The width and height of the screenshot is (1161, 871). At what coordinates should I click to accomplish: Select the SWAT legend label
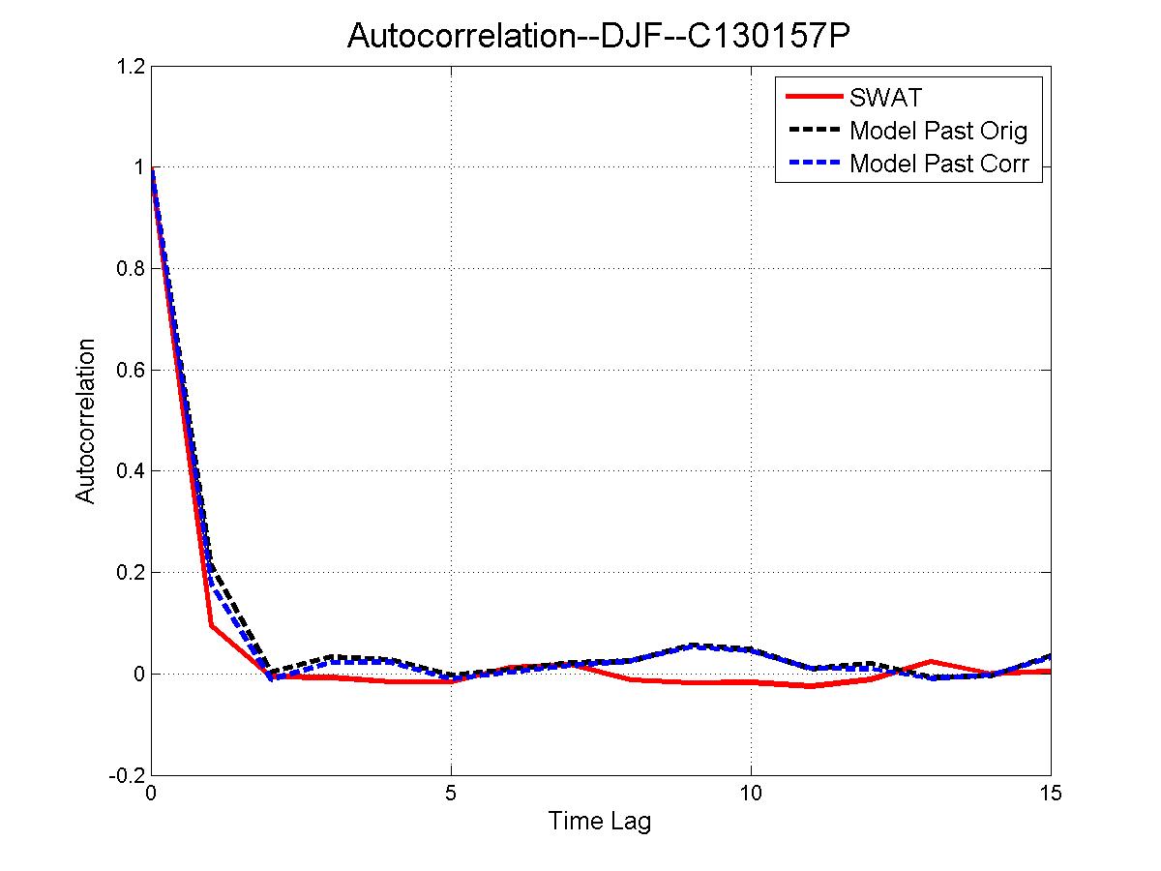tap(885, 97)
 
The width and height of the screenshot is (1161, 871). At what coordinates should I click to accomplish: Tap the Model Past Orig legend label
tap(938, 130)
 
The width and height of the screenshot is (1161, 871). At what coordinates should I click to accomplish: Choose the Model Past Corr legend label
tap(938, 164)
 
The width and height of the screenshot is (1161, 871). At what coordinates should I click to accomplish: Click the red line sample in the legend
tap(814, 97)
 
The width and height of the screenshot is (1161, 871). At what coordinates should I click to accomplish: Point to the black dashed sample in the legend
tap(814, 130)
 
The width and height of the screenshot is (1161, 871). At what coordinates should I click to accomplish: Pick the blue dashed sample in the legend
tap(814, 164)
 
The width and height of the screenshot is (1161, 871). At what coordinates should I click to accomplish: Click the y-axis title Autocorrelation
tap(86, 420)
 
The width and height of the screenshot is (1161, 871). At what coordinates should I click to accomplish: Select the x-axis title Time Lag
tap(600, 822)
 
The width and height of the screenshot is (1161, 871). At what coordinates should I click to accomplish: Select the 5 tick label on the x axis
tap(451, 793)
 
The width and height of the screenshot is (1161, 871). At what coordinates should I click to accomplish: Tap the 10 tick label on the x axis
tap(751, 793)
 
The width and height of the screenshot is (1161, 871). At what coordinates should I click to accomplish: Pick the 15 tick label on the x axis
tap(1050, 793)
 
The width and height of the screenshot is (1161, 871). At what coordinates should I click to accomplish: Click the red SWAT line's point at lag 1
tap(212, 625)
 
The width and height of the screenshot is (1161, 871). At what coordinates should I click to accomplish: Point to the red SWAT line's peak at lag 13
tap(931, 661)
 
